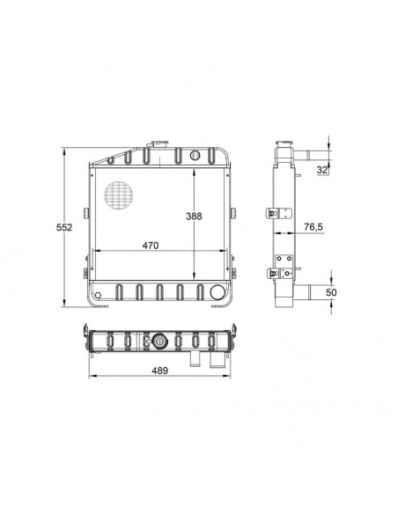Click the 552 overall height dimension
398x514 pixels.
64,227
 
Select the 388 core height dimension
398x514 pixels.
194,217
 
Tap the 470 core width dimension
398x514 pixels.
151,246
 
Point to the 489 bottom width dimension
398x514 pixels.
159,371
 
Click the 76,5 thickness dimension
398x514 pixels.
313,226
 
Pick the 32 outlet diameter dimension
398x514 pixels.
322,170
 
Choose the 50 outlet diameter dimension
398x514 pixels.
331,292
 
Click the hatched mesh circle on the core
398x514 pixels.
118,195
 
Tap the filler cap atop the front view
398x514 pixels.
159,144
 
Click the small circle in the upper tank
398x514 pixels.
195,155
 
